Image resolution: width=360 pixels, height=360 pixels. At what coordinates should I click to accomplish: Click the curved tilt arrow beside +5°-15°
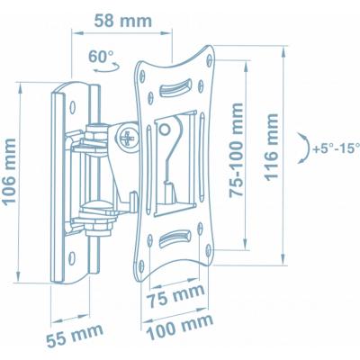pos(299,147)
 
